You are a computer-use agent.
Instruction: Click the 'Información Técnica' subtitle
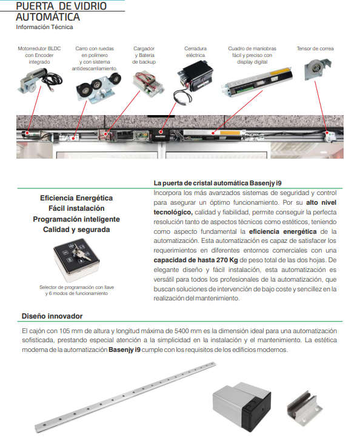44,27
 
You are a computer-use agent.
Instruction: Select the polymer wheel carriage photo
98,87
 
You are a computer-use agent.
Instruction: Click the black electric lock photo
193,82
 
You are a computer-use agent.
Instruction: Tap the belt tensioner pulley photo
318,70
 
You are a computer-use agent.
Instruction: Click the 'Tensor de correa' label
315,48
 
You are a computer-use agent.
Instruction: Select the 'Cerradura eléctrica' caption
195,51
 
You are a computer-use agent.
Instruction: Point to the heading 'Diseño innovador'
52,316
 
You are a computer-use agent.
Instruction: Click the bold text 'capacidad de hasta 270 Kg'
196,260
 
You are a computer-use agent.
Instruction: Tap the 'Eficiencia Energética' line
76,198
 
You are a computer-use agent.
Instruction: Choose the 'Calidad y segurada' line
76,230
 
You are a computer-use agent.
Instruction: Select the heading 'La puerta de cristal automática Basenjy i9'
218,183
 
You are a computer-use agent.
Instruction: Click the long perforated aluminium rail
125,397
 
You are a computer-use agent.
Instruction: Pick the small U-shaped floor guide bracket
304,408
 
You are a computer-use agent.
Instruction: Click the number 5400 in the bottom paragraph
181,331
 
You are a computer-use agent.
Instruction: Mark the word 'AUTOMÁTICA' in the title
48,17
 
